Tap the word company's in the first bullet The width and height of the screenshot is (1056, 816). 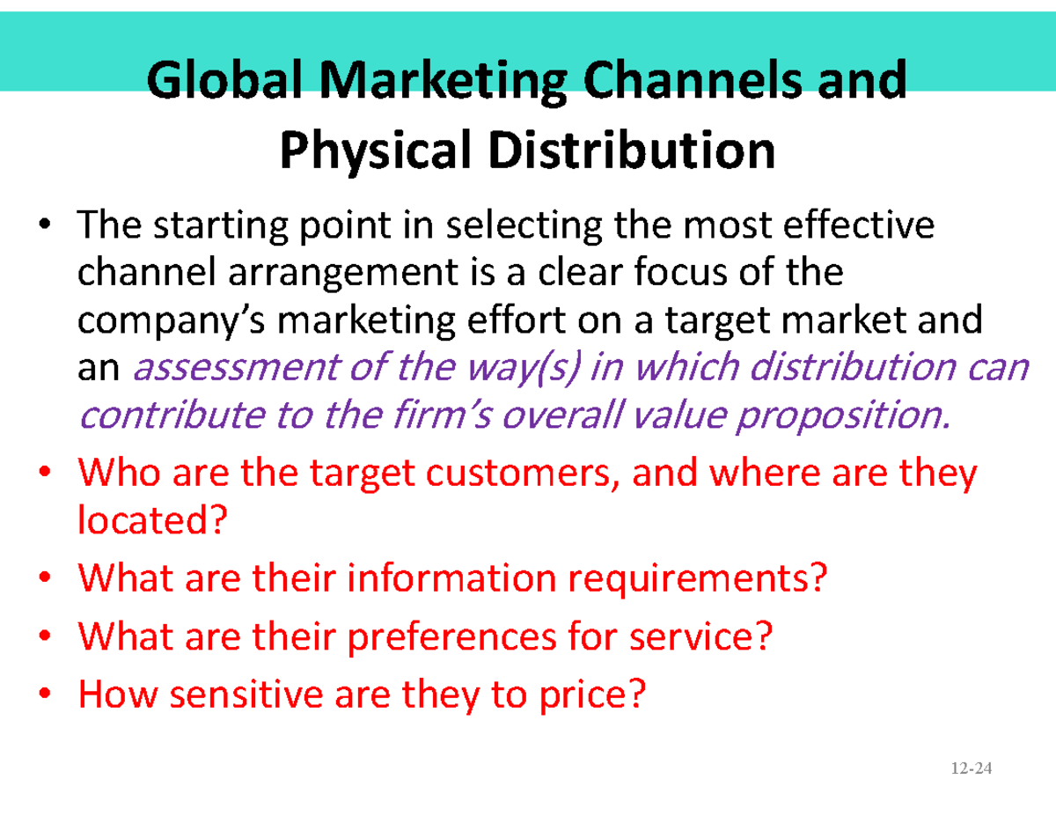point(172,321)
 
